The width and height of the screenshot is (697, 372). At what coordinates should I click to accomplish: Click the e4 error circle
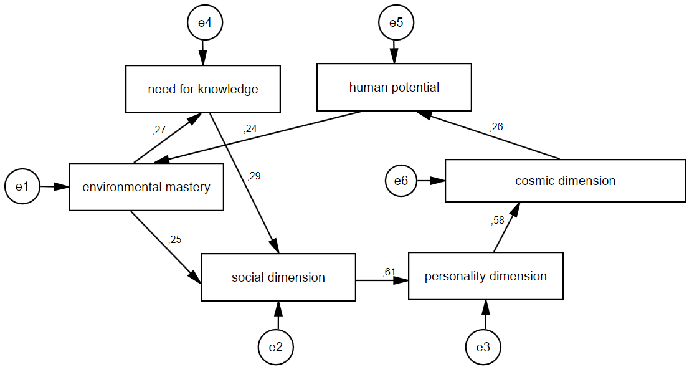point(205,23)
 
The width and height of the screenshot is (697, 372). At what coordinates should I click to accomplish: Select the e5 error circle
point(396,23)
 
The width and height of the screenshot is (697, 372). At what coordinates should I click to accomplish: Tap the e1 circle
point(22,186)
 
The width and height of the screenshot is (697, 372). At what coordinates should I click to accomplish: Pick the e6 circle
point(401,181)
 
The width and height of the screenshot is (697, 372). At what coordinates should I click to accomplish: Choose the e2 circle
point(276,347)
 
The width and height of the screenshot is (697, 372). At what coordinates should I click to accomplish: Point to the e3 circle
point(483,347)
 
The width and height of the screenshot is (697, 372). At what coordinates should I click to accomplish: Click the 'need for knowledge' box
point(202,89)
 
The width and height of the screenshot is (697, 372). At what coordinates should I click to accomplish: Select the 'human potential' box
point(394,87)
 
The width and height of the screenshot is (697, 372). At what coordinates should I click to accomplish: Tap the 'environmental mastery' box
point(146,187)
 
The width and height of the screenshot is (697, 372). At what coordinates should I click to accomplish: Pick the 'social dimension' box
point(278,277)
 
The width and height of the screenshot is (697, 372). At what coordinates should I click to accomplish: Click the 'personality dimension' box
point(485,276)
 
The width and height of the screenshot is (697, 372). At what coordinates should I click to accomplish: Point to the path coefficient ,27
point(159,130)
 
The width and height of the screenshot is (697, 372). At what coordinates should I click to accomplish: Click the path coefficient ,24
point(250,130)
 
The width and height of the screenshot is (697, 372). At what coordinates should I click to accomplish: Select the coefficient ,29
point(254,176)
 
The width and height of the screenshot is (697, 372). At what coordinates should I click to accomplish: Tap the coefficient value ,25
point(175,239)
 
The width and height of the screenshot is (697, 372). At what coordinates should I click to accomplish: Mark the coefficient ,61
point(389,272)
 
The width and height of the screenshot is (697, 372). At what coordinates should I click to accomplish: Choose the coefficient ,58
point(498,220)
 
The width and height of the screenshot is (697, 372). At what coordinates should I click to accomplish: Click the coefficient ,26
point(496,127)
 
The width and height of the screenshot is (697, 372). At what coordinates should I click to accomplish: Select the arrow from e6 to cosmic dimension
point(431,181)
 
